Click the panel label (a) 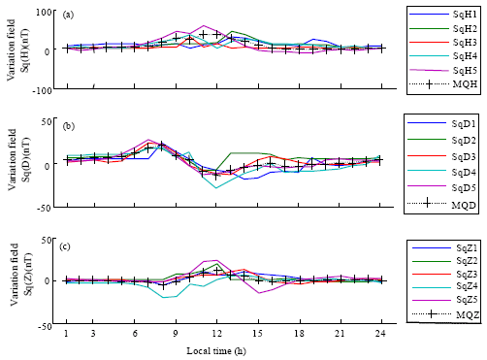click(68, 15)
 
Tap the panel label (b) click(68, 127)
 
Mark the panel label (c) click(68, 245)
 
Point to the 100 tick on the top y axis click(45, 12)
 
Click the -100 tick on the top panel click(43, 90)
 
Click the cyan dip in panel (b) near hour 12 click(217, 187)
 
